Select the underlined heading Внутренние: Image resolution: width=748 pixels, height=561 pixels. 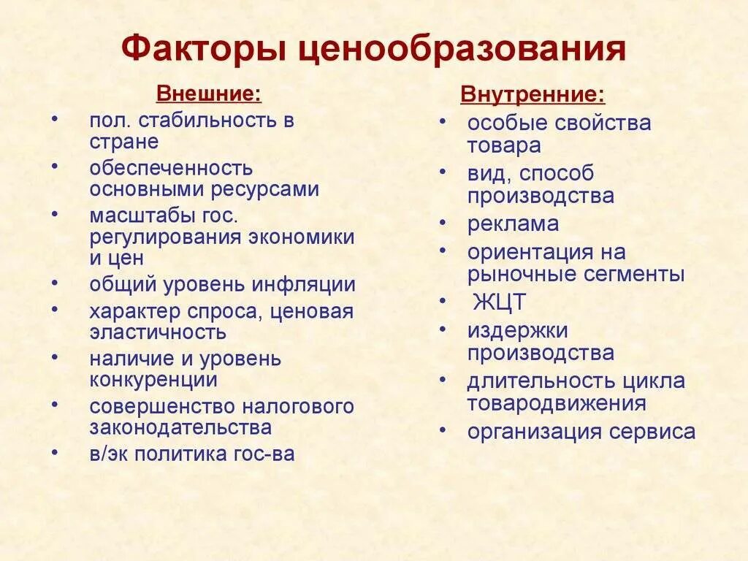(x=532, y=95)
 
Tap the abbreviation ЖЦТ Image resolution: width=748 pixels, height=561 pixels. (x=499, y=302)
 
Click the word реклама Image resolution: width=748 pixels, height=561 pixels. (x=514, y=224)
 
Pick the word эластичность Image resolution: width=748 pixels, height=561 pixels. (x=158, y=332)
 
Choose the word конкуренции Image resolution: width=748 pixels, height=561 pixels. (x=153, y=380)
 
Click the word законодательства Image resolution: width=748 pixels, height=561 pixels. (x=181, y=427)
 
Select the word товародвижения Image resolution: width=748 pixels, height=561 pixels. (x=557, y=403)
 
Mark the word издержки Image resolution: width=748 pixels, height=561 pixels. (x=518, y=331)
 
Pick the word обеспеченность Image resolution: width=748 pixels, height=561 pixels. (x=172, y=168)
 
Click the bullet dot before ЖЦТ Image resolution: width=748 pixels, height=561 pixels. (x=443, y=300)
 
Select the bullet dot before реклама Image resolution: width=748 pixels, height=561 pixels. (x=443, y=222)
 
